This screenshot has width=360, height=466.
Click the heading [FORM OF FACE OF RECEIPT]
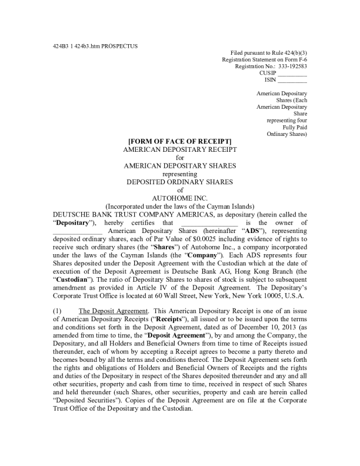coord(180,142)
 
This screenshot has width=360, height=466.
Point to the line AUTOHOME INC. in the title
coord(180,198)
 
